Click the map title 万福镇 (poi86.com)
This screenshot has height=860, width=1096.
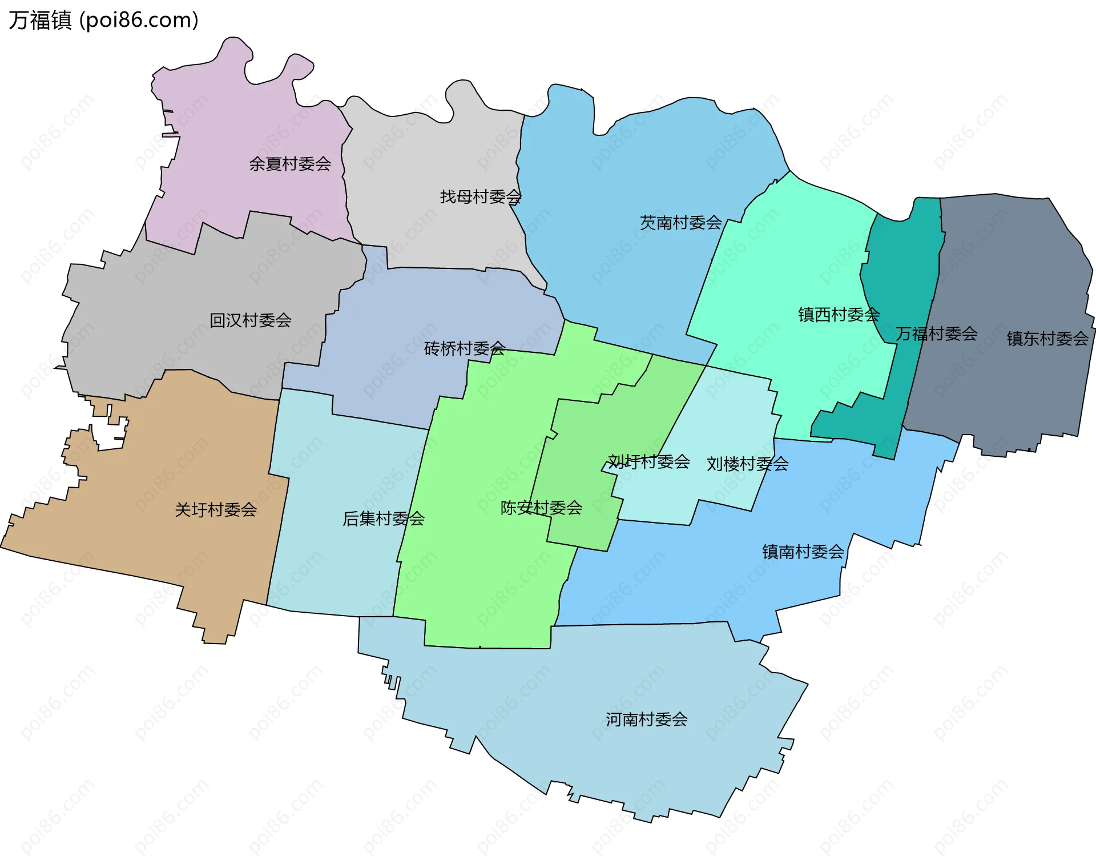coord(103,20)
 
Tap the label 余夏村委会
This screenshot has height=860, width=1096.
coord(290,164)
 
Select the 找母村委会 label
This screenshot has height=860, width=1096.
coord(481,197)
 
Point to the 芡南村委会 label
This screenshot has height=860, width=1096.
coord(680,223)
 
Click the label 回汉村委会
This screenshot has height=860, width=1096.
coord(251,320)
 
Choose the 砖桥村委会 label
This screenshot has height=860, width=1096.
coord(465,348)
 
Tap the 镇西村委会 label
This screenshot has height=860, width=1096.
coord(839,315)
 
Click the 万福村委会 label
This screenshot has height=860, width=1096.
coord(936,333)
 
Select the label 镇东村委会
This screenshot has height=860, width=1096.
coord(1047,339)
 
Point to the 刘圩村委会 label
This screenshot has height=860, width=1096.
coord(648,461)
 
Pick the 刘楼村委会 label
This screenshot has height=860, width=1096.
coord(747,464)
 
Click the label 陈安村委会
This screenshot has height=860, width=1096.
coord(541,508)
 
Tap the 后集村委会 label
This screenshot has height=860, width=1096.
coord(384,519)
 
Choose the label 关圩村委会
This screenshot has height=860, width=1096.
coord(216,510)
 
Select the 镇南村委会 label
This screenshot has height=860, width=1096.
coord(803,552)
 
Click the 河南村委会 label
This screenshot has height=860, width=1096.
coord(647,720)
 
